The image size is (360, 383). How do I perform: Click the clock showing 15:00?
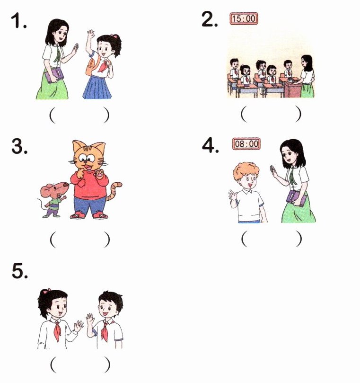(244, 18)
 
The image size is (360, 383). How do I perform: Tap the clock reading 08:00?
(246, 143)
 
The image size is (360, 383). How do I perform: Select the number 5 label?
(20, 271)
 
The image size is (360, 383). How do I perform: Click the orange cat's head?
(89, 156)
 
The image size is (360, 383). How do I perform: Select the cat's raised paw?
(99, 173)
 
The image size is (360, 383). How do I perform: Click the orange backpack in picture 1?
(91, 65)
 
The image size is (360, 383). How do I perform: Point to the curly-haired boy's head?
(246, 175)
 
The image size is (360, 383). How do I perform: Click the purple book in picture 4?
(297, 198)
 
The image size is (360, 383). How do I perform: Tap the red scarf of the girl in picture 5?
(57, 330)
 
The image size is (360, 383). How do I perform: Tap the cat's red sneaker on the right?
(100, 215)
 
